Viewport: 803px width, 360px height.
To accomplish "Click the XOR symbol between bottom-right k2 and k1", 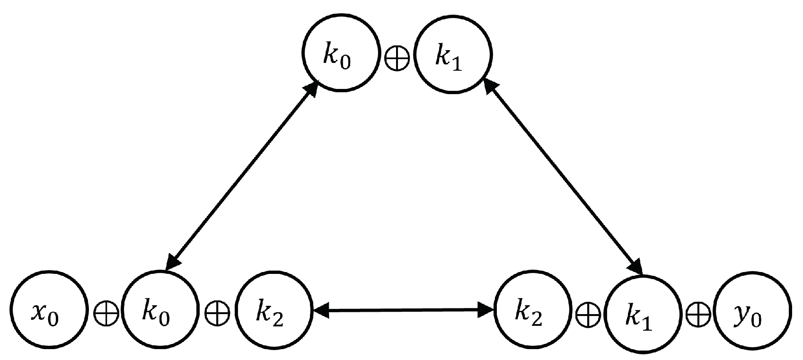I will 588,313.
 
